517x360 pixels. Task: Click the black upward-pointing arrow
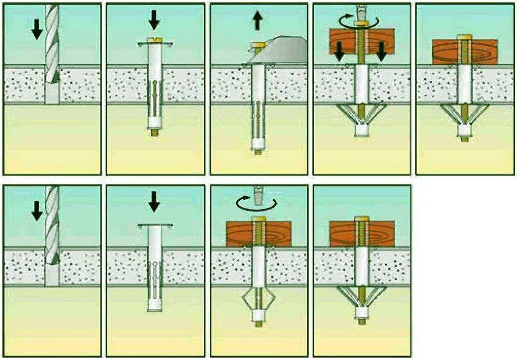(x=258, y=21)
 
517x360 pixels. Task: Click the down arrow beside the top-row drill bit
(x=37, y=30)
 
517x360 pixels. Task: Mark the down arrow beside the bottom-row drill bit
(x=37, y=210)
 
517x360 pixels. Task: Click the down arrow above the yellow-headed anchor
(x=154, y=19)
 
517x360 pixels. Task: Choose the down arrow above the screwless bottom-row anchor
(x=154, y=200)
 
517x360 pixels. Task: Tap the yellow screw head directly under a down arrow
(x=154, y=40)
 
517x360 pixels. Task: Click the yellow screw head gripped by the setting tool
(x=257, y=45)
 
